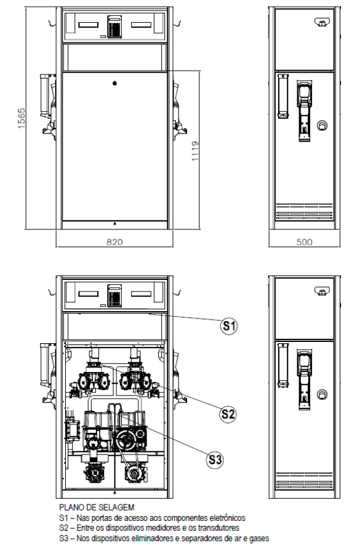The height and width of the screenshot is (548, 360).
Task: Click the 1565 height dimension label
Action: [x=22, y=118]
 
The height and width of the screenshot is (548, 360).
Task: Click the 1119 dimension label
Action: [x=195, y=151]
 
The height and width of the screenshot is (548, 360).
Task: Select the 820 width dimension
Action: [x=114, y=242]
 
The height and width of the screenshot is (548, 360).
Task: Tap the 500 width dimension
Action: [x=305, y=242]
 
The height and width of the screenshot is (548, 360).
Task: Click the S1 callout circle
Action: [x=229, y=326]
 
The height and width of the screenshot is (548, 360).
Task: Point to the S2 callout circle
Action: [x=228, y=414]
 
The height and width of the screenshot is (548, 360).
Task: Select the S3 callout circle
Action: [x=215, y=459]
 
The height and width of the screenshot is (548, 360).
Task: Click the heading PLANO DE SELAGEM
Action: [x=97, y=507]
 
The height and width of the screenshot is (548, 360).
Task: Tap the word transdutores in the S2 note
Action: [x=219, y=528]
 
